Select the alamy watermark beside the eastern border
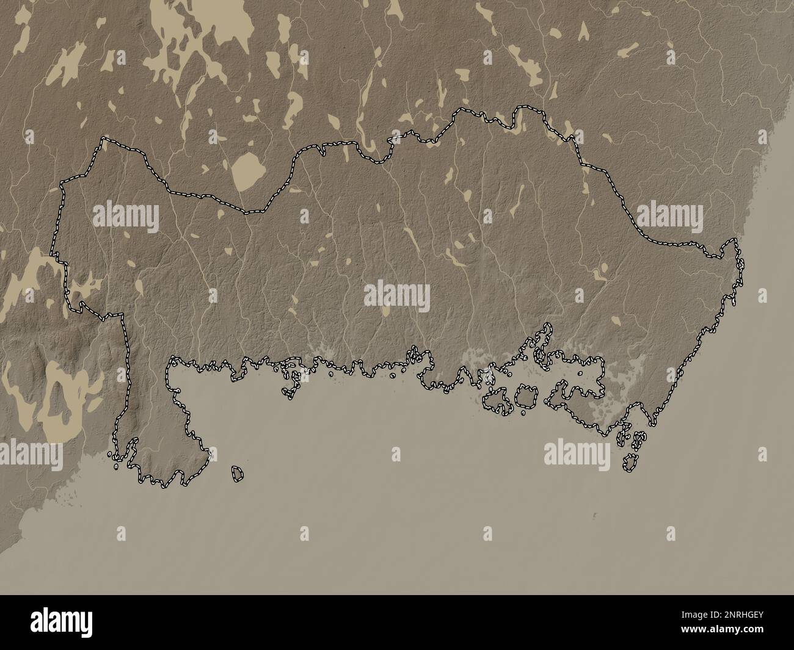click(x=670, y=216)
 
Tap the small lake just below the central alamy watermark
click(x=385, y=312)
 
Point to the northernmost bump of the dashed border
click(x=523, y=109)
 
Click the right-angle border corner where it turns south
click(x=122, y=316)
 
